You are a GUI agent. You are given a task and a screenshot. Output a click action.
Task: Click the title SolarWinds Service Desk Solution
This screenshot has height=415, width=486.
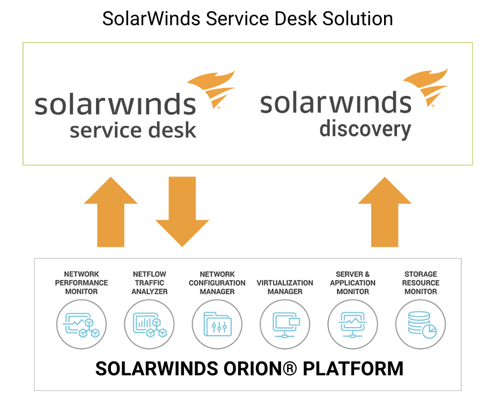click(247, 19)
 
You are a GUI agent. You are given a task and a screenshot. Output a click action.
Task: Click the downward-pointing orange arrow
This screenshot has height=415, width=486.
click(182, 212)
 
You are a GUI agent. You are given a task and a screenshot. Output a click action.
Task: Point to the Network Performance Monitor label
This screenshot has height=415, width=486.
click(82, 283)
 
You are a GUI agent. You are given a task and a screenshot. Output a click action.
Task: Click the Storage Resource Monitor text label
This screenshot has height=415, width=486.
click(421, 283)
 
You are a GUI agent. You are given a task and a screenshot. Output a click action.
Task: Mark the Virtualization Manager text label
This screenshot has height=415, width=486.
click(285, 287)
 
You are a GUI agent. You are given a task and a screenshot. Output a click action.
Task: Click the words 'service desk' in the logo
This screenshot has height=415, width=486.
click(133, 130)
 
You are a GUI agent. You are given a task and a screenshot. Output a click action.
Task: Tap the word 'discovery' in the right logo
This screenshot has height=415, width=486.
click(365, 129)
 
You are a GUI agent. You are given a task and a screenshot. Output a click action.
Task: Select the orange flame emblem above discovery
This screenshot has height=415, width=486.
click(426, 87)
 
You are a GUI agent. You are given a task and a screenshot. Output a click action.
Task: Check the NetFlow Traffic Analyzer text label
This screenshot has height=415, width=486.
click(150, 283)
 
